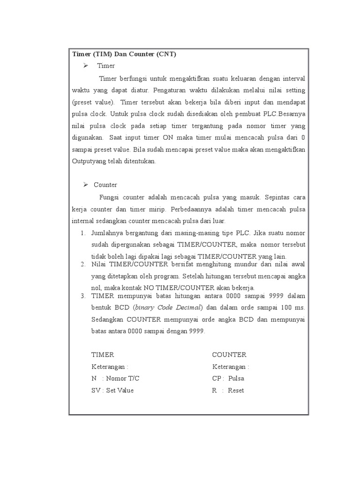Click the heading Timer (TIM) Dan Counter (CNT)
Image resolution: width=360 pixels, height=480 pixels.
coord(124,54)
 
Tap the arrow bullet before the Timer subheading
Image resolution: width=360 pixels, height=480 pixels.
coord(86,66)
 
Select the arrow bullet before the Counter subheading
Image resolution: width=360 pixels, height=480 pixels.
coord(86,185)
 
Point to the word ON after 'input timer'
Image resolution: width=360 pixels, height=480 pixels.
coord(168,137)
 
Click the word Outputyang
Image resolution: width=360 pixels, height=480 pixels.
coord(90,161)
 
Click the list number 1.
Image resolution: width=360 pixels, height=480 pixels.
coord(82,233)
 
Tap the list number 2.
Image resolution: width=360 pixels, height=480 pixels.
coord(82,265)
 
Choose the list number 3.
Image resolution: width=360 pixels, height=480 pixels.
coord(82,296)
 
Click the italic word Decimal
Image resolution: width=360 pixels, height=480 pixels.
coord(188,308)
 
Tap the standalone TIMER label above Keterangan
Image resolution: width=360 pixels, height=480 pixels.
coord(103,355)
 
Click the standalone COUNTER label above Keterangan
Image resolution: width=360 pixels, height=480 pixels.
coord(229,355)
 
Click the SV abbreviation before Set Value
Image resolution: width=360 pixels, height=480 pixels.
coord(96,390)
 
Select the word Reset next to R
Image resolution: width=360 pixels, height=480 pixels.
coord(236,390)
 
